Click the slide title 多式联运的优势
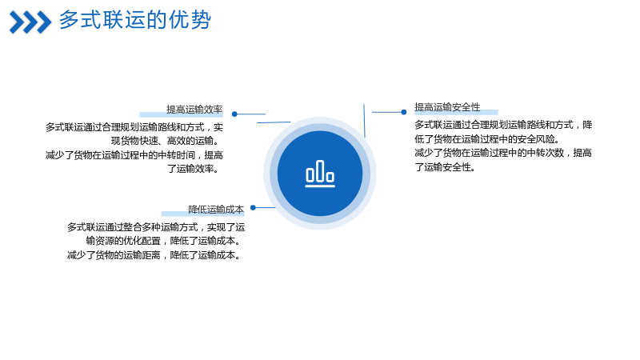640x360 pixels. (135, 19)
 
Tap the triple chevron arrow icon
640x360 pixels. (30, 22)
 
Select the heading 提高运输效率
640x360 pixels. (194, 110)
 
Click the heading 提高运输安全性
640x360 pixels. (447, 107)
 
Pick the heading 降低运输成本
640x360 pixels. (216, 210)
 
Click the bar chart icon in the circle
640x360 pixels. (320, 174)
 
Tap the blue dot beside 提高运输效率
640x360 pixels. (234, 114)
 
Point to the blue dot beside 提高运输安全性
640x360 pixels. (404, 112)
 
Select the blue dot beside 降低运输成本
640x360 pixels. (253, 208)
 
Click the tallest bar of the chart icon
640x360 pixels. (320, 171)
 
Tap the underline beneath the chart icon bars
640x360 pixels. (320, 186)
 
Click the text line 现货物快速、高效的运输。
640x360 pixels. (166, 141)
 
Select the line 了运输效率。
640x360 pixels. (194, 169)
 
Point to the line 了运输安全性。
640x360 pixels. (445, 167)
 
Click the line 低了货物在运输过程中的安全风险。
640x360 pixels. (487, 139)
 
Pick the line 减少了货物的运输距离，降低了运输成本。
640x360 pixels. (154, 255)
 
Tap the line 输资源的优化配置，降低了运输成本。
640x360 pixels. (164, 241)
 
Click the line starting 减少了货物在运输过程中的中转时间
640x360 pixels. (134, 155)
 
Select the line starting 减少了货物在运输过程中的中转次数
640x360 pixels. (503, 153)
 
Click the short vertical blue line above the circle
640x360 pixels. (364, 121)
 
